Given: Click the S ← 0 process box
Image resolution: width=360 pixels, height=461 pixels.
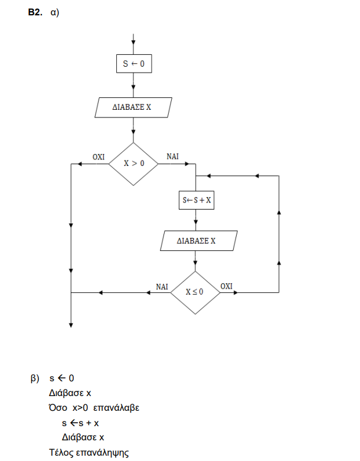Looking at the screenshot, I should coord(134,64).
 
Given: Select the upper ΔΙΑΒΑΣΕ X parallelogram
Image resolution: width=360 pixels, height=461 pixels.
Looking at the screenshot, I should coord(133,108).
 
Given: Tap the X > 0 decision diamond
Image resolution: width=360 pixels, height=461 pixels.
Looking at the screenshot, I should coord(134,164).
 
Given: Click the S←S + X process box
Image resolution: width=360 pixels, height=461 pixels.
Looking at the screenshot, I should coord(197,201).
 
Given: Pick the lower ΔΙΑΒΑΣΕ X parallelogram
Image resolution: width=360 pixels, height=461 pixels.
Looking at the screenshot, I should coord(197,241).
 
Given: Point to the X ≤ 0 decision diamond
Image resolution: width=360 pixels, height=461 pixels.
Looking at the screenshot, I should coord(195,292).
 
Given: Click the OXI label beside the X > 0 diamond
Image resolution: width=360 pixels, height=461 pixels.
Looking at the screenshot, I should coord(99,157).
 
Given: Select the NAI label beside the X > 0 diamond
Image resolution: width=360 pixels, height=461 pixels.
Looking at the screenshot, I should coord(173,157).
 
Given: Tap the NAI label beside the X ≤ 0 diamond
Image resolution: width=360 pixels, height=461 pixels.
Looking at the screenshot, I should coord(162,286).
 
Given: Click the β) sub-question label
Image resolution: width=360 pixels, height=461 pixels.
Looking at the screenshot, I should coord(35,378).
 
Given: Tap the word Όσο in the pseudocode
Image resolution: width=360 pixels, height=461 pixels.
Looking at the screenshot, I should coord(58,408).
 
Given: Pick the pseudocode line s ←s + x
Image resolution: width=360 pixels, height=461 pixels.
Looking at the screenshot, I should coord(80,423).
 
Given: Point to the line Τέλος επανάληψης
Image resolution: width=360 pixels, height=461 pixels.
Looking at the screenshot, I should coord(89,453).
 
